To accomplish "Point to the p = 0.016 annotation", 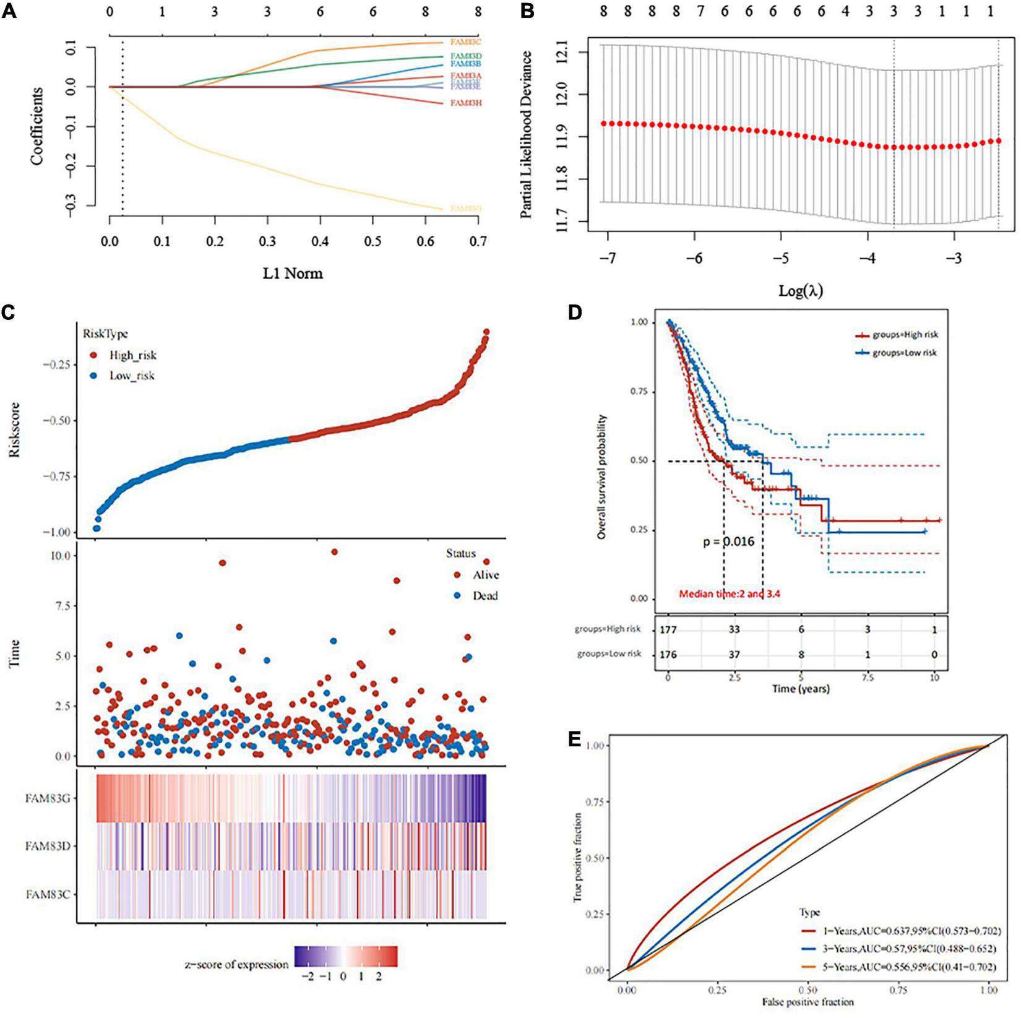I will coord(728,542).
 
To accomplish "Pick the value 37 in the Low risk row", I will coord(735,655).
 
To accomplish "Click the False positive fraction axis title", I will coord(808,1001).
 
